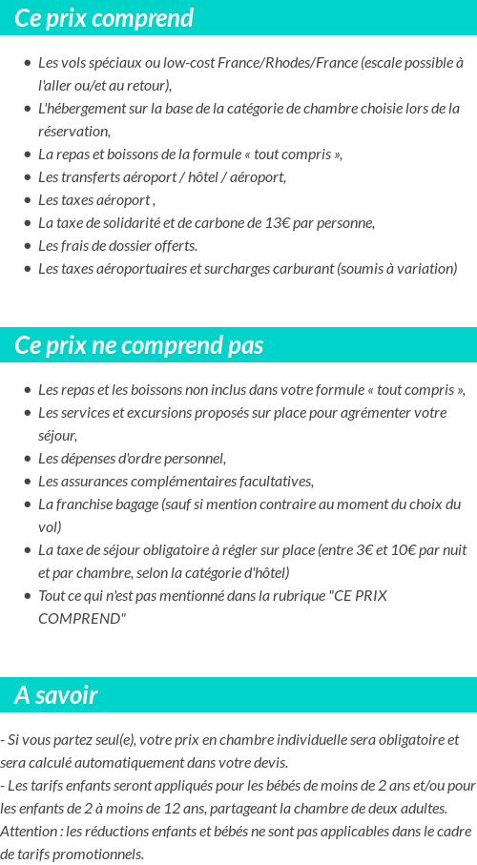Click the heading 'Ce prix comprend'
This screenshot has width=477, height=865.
point(104,18)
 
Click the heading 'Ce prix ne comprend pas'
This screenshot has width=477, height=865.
point(139,345)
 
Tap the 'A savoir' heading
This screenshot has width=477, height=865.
point(56,695)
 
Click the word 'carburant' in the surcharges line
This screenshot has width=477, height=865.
point(301,268)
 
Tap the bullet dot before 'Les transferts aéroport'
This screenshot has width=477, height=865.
point(28,176)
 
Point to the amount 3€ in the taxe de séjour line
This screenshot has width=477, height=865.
point(335,549)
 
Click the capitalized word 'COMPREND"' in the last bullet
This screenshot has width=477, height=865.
point(82,618)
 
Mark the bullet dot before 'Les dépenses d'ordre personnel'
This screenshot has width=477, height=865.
point(28,459)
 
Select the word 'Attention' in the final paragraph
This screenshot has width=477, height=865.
point(30,831)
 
